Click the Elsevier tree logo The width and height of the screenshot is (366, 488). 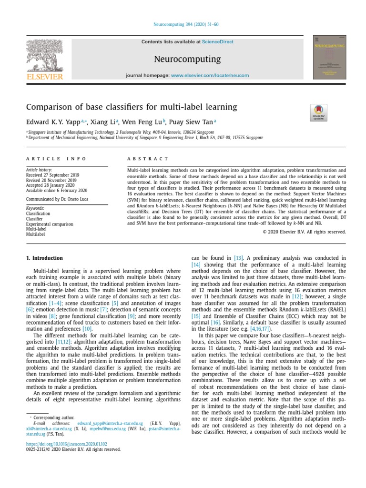point(44,56)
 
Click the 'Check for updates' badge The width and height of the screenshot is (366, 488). point(318,113)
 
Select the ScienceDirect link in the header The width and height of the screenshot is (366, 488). point(218,42)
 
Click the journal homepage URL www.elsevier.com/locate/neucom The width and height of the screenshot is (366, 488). point(204,76)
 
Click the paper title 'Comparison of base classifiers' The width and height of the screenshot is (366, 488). point(131,107)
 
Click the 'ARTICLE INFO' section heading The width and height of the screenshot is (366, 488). point(56,159)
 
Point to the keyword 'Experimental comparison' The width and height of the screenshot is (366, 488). point(50,224)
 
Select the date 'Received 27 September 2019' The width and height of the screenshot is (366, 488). point(52,175)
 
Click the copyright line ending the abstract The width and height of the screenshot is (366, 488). point(304,232)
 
